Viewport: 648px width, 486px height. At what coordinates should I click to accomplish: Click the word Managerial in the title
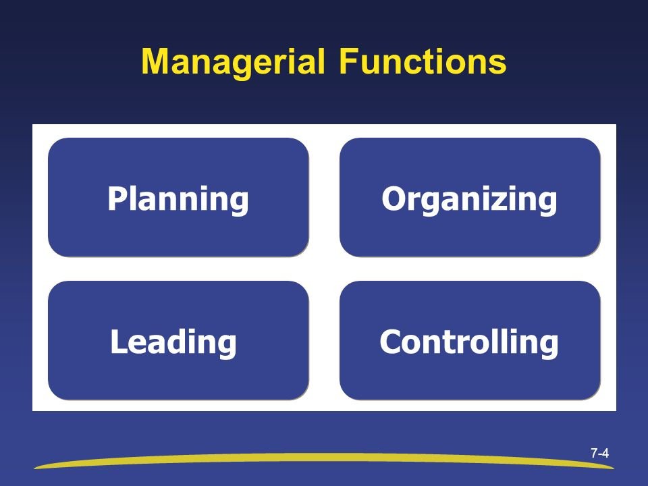(x=233, y=62)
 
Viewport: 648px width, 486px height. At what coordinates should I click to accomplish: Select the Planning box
(x=178, y=197)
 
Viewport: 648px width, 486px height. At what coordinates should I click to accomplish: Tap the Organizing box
(x=470, y=197)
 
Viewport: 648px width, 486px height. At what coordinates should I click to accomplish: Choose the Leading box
(x=178, y=340)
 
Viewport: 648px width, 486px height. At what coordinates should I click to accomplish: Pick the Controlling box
(x=470, y=340)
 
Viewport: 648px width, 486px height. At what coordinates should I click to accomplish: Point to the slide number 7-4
(x=599, y=454)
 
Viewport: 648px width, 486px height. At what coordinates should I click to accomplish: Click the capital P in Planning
(x=117, y=198)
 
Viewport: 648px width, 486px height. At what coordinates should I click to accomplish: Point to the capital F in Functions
(x=348, y=61)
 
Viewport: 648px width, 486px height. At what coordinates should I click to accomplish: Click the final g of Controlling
(x=548, y=346)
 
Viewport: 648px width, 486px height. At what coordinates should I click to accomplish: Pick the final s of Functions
(x=497, y=65)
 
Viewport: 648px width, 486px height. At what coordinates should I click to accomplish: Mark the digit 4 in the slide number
(x=605, y=454)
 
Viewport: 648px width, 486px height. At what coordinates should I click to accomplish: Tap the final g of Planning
(x=238, y=203)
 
